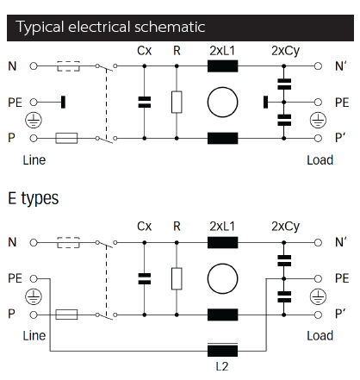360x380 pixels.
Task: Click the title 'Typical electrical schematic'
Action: (x=110, y=27)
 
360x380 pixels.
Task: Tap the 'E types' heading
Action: (x=34, y=198)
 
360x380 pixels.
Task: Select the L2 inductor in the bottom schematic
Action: (x=222, y=351)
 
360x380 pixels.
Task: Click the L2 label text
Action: (x=222, y=366)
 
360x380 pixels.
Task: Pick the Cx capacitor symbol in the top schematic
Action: (x=145, y=103)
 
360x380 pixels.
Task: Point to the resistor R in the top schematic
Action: (x=177, y=103)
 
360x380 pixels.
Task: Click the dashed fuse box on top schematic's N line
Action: (x=68, y=66)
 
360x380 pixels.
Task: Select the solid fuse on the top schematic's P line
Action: (x=66, y=138)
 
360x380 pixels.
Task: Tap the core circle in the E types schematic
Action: (x=222, y=278)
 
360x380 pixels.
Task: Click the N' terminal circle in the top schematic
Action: (x=318, y=66)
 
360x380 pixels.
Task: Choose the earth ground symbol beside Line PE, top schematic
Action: (x=34, y=120)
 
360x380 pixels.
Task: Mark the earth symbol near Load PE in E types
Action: (x=318, y=296)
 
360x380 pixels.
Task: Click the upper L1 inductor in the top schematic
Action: (x=222, y=66)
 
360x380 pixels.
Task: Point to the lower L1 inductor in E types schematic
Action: (x=222, y=315)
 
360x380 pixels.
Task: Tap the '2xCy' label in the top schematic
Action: (x=285, y=51)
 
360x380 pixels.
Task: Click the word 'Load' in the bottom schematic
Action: (x=320, y=336)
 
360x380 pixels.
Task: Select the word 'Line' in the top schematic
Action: (x=34, y=160)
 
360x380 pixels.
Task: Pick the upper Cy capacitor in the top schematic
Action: (x=284, y=84)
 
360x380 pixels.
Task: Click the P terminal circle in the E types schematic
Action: (x=34, y=315)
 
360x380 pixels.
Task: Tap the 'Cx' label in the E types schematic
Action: (x=144, y=227)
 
